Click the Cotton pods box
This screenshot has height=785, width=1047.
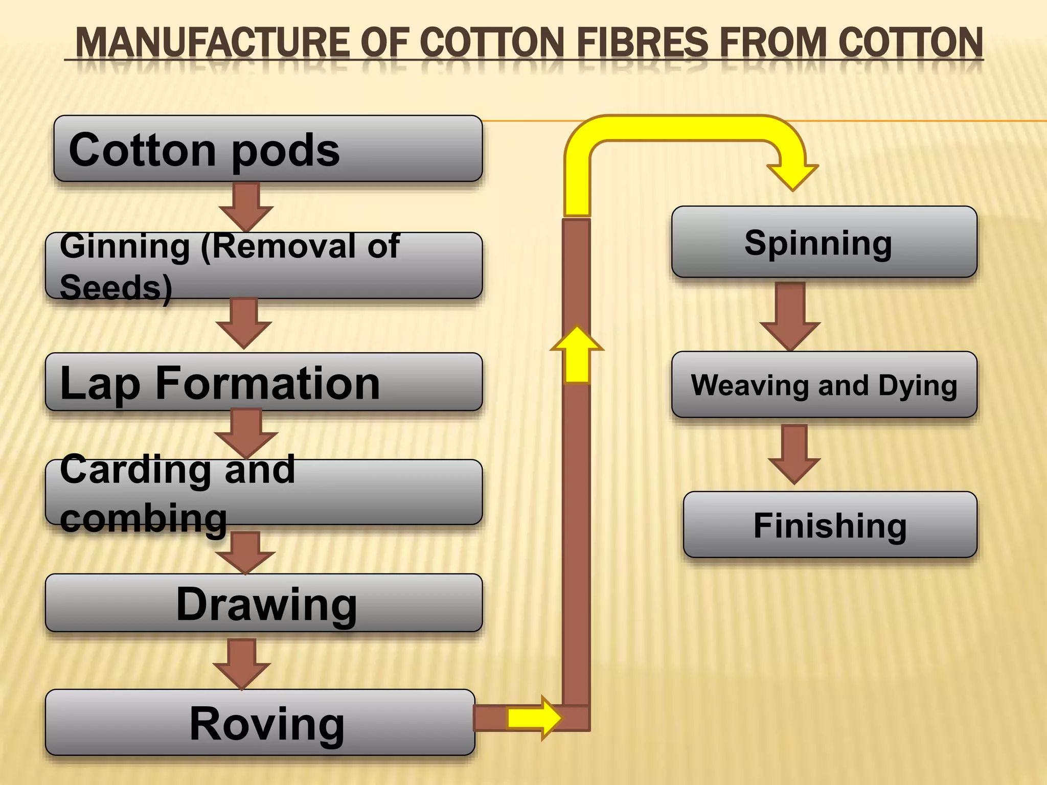268,149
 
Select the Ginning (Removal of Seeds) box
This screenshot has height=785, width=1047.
264,266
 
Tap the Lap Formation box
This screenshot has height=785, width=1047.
264,382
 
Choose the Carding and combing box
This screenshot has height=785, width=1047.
264,492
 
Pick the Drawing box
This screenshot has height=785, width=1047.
264,603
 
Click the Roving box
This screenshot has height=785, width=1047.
260,723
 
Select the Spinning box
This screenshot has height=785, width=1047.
824,242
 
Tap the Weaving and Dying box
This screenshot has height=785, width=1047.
824,385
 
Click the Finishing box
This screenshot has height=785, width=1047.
830,525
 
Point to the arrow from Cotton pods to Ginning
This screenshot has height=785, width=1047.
246,205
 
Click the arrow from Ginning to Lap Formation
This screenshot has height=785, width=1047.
244,323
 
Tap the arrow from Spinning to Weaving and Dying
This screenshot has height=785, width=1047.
790,316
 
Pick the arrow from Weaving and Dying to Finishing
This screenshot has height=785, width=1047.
794,454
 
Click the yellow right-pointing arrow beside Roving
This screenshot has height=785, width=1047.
534,718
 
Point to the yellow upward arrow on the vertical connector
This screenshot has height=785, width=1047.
577,355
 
